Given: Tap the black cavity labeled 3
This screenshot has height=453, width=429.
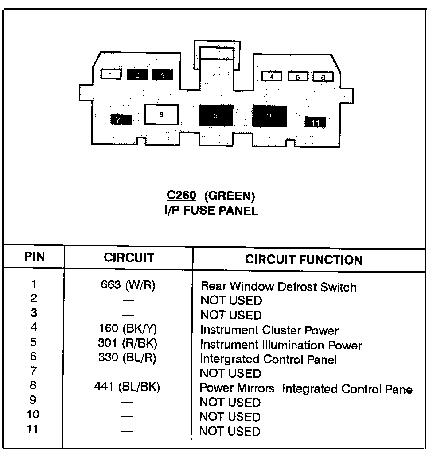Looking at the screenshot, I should (162, 75).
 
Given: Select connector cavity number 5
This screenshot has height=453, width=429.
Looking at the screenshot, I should (298, 77).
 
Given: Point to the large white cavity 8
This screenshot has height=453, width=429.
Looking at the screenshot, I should (161, 115).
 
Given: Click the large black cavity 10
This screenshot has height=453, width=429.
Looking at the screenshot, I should (269, 116).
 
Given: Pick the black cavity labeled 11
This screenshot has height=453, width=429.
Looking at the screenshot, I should (315, 123).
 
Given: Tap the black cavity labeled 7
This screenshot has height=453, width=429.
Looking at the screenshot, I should (121, 119).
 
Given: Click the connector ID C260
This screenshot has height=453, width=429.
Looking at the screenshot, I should (181, 196).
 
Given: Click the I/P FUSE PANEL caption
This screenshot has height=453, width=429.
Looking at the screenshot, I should (211, 211).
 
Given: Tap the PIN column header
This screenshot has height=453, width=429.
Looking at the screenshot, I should (35, 257).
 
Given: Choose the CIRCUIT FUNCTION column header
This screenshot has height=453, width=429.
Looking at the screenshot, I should (304, 260).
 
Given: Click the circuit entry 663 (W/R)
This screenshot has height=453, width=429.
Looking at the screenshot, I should (128, 285).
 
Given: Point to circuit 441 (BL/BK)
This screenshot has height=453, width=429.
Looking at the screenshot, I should (127, 387).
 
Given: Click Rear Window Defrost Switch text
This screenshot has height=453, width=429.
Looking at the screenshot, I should (278, 287).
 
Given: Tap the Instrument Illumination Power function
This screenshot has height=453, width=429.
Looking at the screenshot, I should (281, 345).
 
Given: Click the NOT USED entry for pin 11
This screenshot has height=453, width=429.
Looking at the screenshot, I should (230, 431).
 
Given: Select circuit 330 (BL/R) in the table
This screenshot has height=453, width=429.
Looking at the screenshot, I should (127, 358).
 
